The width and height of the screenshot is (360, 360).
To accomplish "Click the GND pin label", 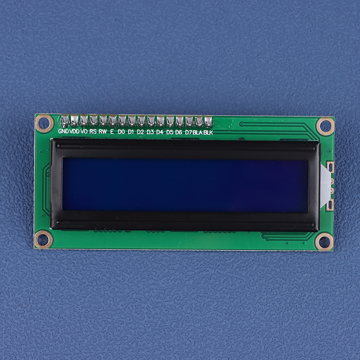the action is click(x=63, y=131).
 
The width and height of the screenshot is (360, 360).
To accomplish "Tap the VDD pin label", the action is click(x=74, y=131).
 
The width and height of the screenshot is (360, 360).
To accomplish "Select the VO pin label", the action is click(x=84, y=131).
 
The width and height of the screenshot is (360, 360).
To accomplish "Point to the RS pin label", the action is click(x=93, y=131).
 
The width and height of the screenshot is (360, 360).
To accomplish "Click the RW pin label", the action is click(x=103, y=131).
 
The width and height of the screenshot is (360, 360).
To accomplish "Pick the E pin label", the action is click(x=112, y=131).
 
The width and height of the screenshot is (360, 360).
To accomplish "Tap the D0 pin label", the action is click(x=121, y=132).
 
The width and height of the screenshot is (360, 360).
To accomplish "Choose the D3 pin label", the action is click(x=150, y=132).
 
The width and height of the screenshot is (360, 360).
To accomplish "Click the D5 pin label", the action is click(x=170, y=132).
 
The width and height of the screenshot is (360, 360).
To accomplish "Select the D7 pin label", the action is click(x=188, y=132).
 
